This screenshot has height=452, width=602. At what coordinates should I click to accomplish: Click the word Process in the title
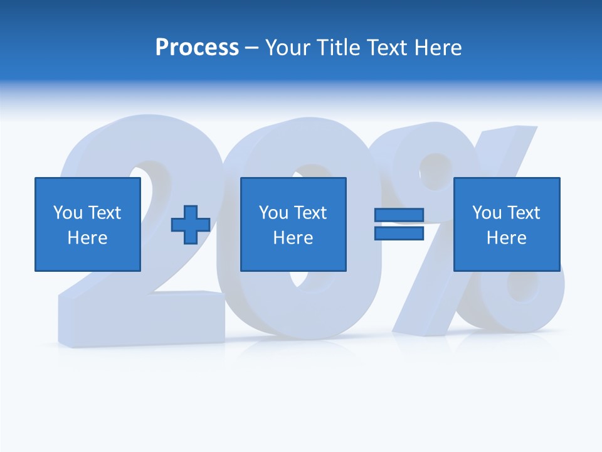click(197, 48)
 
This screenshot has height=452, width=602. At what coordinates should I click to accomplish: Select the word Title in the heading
click(339, 48)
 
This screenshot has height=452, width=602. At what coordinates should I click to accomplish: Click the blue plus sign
click(191, 225)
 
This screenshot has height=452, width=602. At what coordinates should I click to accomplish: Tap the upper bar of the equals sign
click(399, 215)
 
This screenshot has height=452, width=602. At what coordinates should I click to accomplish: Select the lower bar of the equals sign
click(399, 233)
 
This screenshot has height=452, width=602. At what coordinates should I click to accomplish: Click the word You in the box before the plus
click(68, 213)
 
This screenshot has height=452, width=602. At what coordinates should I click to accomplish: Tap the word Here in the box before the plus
click(87, 238)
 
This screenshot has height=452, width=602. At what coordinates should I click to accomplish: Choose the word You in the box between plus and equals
click(273, 213)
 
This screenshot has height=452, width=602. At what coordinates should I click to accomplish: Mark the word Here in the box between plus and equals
click(293, 238)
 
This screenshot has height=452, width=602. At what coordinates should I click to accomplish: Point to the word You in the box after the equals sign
click(487, 213)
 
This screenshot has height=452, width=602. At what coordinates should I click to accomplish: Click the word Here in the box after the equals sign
click(506, 238)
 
